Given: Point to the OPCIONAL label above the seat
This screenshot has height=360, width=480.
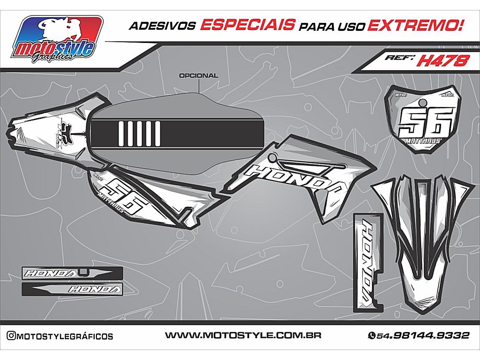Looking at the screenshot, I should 198,76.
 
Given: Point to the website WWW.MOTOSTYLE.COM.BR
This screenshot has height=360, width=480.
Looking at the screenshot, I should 243,335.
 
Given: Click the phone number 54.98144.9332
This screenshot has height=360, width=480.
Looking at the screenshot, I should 423,335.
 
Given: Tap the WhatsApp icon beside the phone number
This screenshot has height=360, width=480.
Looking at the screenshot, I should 371,335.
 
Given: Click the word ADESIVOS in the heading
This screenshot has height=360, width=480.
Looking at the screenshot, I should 162,26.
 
